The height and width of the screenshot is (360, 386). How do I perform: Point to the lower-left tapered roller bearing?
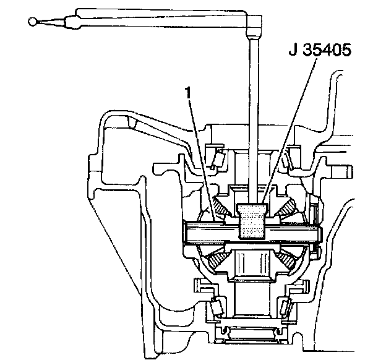click(216, 307)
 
